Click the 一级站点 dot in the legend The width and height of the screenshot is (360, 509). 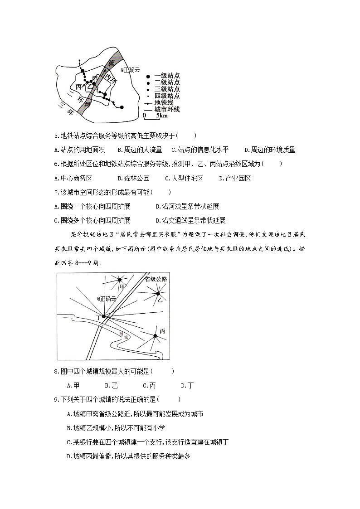click(x=148, y=76)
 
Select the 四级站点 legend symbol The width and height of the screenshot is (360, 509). click(x=148, y=96)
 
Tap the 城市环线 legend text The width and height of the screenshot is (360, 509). click(x=167, y=109)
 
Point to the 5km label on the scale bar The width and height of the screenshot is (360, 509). click(x=162, y=116)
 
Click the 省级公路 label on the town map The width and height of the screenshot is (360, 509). click(x=156, y=279)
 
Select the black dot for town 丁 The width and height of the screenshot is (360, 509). click(x=104, y=316)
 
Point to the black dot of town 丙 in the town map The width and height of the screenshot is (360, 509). click(x=155, y=335)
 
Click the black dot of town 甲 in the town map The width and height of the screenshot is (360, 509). click(x=120, y=280)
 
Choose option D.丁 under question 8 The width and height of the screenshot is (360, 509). click(x=187, y=385)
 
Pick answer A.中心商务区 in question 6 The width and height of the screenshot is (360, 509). click(x=73, y=178)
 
